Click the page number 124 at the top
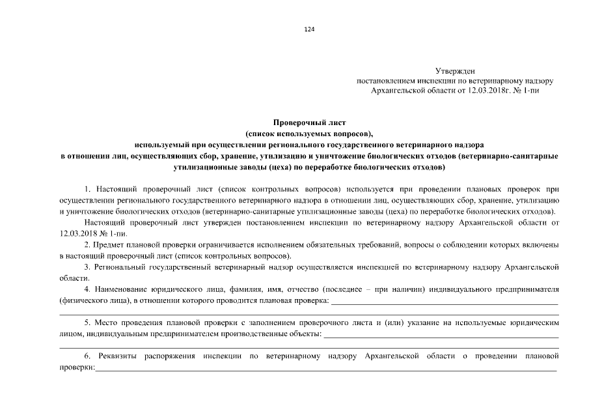309,29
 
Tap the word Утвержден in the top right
455,70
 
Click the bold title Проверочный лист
309,122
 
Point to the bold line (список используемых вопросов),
309,132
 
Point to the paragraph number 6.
87,356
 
